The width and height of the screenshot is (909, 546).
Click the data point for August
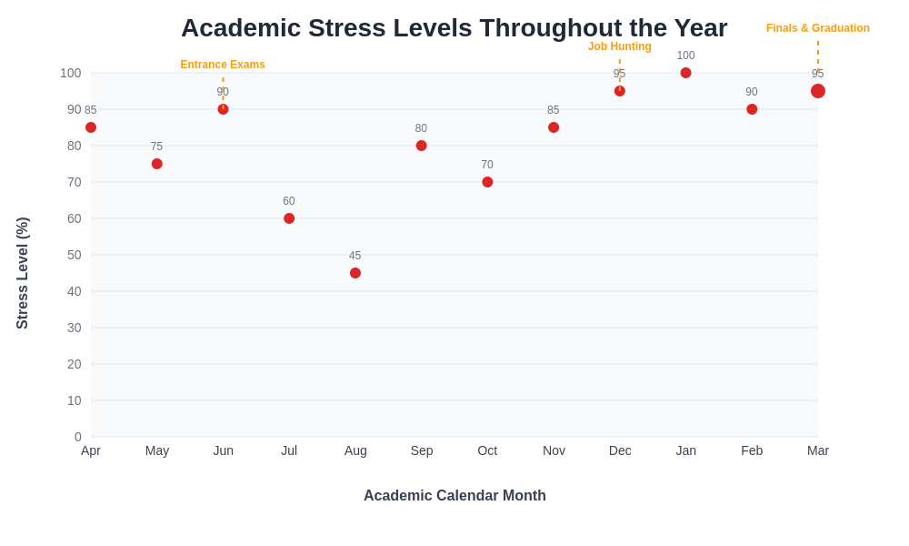(x=355, y=273)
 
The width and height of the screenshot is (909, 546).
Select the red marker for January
(x=685, y=73)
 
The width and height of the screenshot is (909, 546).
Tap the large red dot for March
(x=818, y=91)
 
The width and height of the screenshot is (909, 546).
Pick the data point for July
(x=289, y=218)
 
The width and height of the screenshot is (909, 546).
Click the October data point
(x=487, y=182)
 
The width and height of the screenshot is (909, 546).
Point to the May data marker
(x=157, y=164)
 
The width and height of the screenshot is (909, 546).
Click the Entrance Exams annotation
(x=223, y=65)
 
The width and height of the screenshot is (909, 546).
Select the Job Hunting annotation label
(x=619, y=46)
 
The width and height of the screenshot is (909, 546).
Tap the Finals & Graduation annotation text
(x=817, y=28)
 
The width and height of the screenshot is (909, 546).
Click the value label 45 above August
(x=355, y=256)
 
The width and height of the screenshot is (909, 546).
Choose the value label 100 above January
(x=685, y=56)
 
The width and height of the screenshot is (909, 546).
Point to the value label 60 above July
(x=289, y=201)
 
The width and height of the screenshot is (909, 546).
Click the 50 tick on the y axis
(x=71, y=255)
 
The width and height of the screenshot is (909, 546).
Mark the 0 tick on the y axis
(x=78, y=437)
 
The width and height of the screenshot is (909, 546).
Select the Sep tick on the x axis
(x=422, y=450)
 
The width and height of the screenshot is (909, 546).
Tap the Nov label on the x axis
(x=554, y=450)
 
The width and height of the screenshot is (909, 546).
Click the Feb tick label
(x=752, y=450)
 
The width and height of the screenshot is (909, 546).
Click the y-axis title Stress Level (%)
(x=23, y=273)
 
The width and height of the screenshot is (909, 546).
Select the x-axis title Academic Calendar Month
(x=454, y=496)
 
